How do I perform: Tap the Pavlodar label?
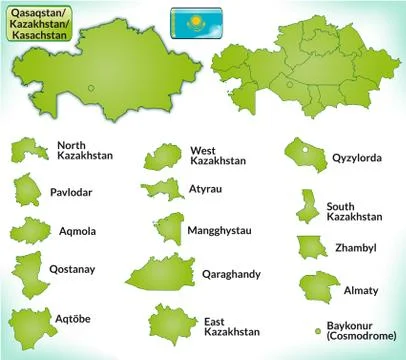(72, 192)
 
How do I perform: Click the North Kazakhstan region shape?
(27, 150)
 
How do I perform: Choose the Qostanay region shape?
(29, 269)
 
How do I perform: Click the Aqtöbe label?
(70, 318)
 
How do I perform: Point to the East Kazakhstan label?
(231, 325)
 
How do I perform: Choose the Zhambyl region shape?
(310, 246)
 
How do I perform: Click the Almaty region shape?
(312, 287)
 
